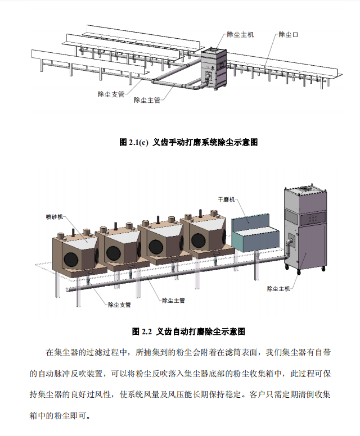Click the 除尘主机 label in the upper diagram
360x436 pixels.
click(x=240, y=34)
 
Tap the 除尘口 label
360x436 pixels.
click(x=288, y=34)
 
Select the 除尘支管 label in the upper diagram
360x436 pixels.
click(x=111, y=94)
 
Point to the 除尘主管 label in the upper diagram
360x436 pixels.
click(x=147, y=100)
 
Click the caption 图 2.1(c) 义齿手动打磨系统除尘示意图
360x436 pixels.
click(x=188, y=142)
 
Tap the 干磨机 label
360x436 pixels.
click(x=226, y=199)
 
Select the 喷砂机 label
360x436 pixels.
click(x=55, y=217)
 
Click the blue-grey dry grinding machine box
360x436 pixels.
click(x=255, y=233)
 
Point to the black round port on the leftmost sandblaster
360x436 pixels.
click(x=71, y=259)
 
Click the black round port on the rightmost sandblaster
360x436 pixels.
click(x=198, y=240)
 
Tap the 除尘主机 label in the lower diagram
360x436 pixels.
click(x=278, y=289)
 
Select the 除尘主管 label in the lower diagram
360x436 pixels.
click(x=173, y=300)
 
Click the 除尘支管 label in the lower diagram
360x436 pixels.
click(x=119, y=305)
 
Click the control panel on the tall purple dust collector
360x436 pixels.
click(x=313, y=217)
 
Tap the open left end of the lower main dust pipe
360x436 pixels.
click(x=67, y=290)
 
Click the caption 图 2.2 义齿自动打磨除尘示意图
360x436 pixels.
click(x=188, y=331)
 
